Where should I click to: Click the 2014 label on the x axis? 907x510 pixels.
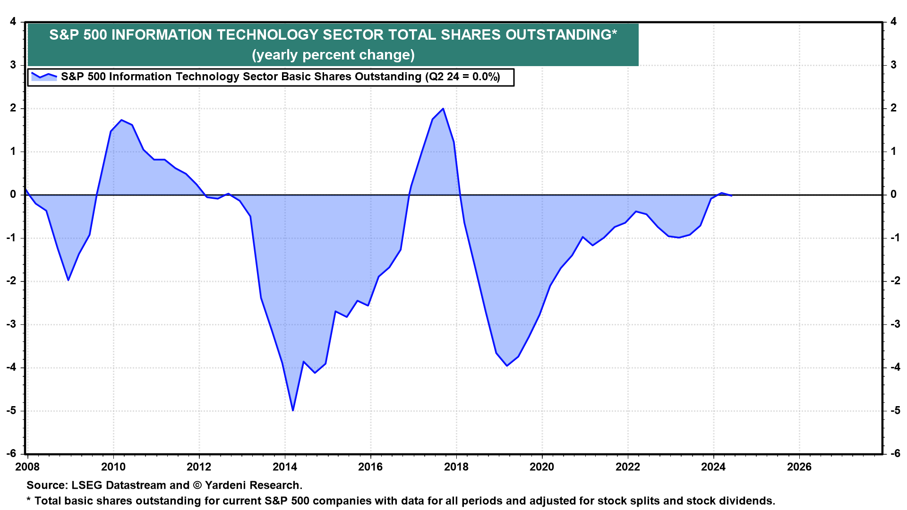pos(285,467)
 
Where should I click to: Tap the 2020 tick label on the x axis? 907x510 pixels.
pos(542,467)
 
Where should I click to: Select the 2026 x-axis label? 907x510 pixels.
pos(799,467)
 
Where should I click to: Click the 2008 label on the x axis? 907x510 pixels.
pos(27,467)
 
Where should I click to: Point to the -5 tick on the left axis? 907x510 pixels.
pos(11,410)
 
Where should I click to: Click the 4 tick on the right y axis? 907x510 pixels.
pos(893,22)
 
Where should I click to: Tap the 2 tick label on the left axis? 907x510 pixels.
pos(13,108)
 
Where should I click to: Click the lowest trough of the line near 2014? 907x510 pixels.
pos(293,410)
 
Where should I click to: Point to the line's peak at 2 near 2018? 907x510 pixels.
pos(443,109)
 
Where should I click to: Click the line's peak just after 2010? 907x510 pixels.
pos(121,120)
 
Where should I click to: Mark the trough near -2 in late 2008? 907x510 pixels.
pos(68,280)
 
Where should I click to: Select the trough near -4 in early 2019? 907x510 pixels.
pos(507,365)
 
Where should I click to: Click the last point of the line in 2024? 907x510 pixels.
pos(731,195)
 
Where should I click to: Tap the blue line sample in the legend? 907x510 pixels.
pos(44,76)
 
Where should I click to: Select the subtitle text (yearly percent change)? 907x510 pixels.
pos(333,55)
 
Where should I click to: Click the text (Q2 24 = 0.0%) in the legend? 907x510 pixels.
pos(462,77)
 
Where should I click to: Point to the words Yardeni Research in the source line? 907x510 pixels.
pos(252,485)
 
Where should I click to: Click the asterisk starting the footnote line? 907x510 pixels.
pos(29,500)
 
